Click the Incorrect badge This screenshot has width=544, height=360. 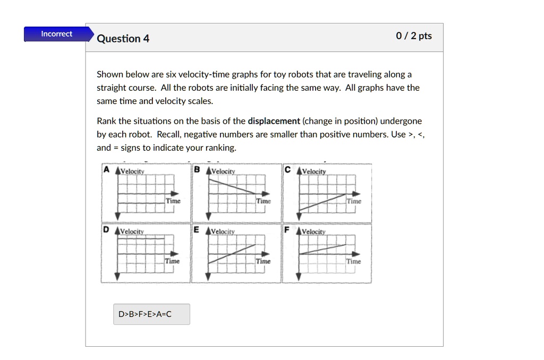click(56, 34)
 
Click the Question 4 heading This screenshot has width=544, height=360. click(123, 39)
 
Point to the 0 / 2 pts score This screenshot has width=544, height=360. click(414, 36)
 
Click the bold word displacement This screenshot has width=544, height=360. click(274, 121)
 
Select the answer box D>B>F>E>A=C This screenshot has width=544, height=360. click(151, 314)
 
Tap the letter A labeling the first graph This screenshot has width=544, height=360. click(106, 170)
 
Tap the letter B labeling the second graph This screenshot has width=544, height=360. click(197, 170)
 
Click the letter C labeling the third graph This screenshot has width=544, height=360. click(287, 170)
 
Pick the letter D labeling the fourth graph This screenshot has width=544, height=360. click(106, 230)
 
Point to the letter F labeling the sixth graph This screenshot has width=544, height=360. click(287, 230)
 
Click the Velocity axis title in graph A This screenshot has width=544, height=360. click(132, 171)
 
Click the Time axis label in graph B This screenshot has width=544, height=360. click(263, 201)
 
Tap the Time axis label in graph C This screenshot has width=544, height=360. click(354, 201)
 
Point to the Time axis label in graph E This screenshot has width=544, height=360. click(263, 261)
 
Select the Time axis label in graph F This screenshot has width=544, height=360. click(354, 261)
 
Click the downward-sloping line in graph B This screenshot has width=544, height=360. click(232, 186)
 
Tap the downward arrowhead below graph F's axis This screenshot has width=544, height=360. click(299, 276)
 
